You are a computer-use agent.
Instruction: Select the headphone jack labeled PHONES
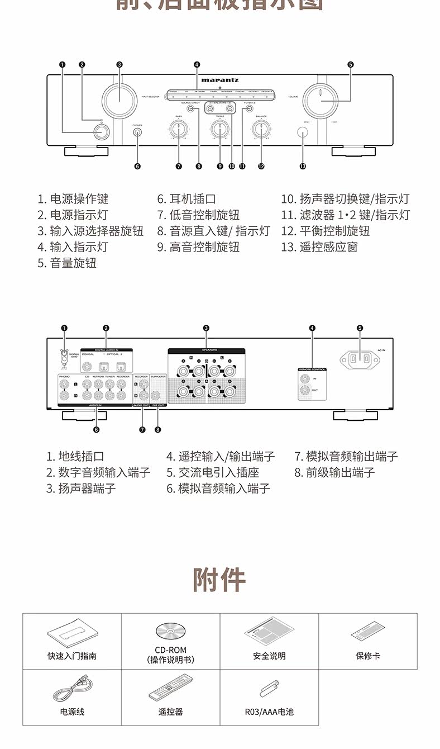(x=137, y=132)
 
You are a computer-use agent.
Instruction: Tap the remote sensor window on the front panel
(x=303, y=132)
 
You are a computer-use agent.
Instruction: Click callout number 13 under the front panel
(x=303, y=166)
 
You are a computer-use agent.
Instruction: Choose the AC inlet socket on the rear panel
(x=360, y=361)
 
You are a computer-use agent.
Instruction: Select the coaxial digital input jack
(x=88, y=367)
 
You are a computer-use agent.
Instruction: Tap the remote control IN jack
(x=304, y=379)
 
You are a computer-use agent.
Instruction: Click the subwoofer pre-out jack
(x=157, y=385)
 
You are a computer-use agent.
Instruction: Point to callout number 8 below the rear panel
(x=158, y=429)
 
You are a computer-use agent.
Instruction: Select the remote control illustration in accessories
(x=170, y=687)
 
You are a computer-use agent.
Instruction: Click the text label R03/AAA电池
(x=269, y=712)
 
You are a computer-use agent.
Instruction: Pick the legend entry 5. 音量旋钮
(x=67, y=263)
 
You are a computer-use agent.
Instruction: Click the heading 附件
(x=219, y=579)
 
